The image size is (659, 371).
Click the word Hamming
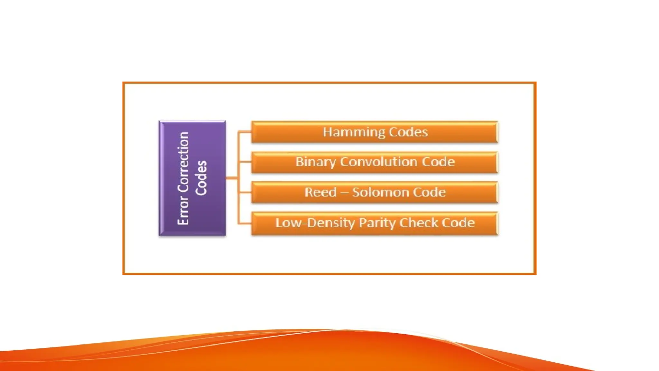coord(354,132)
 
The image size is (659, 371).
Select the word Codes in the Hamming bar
coord(408,132)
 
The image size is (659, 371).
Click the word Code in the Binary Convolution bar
coord(438,162)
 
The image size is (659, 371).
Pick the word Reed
coord(320,192)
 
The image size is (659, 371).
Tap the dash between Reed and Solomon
coord(344,193)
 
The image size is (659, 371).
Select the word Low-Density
coord(315,223)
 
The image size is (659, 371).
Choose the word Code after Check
coord(458,223)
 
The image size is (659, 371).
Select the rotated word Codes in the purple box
coord(201,178)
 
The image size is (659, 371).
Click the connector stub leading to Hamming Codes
coord(245,132)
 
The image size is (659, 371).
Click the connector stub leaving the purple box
coord(232,178)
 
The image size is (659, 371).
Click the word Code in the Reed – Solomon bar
coord(429,192)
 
